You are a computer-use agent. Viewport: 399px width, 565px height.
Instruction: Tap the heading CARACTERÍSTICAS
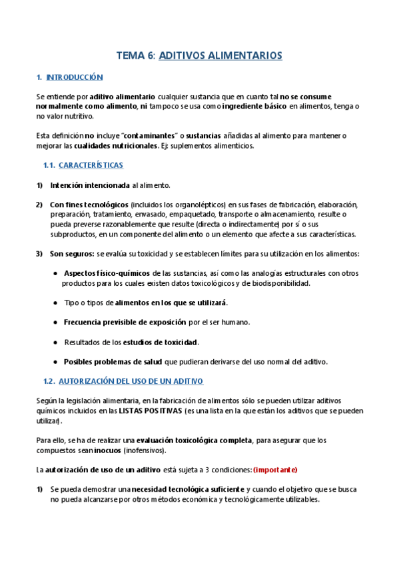91,165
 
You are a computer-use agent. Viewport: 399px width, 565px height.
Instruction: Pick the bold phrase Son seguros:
72,253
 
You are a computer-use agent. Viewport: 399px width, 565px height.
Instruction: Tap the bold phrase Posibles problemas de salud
113,362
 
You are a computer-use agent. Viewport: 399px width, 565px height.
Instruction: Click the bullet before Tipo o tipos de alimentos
55,302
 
